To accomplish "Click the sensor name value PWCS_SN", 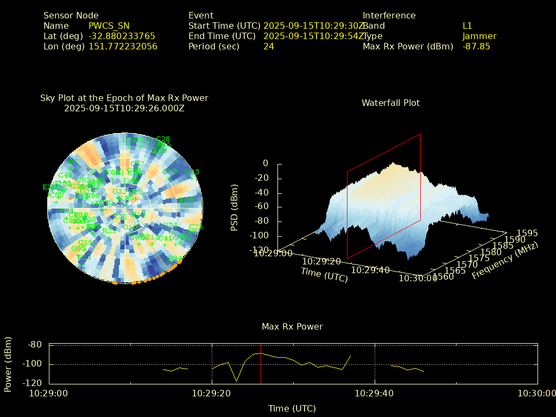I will [109, 26].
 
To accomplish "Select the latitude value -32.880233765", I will [122, 36].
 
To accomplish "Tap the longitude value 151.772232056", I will [123, 47].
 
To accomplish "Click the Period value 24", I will [269, 47].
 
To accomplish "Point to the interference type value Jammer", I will [479, 36].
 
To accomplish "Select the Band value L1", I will [467, 26].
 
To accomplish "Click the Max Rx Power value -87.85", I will [476, 47].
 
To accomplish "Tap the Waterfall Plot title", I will [390, 103].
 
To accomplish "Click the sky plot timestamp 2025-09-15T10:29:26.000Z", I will [124, 108].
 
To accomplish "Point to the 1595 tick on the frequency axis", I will [527, 233].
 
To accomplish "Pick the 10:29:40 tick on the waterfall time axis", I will [370, 270].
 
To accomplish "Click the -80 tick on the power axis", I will [35, 345].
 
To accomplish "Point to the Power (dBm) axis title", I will [8, 364].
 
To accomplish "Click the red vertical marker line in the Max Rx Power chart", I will [261, 364].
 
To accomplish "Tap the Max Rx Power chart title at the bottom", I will [292, 327].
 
